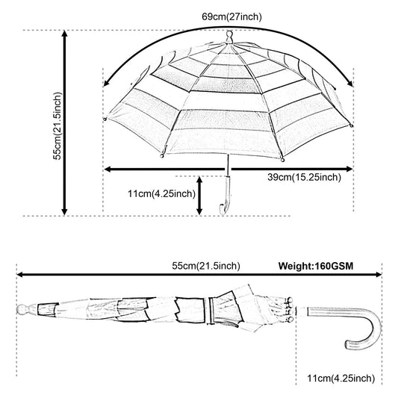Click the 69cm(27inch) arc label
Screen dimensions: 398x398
[x=231, y=16]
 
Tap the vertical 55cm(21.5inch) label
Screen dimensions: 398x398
[x=57, y=126]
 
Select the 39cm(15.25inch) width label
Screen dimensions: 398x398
[x=304, y=177]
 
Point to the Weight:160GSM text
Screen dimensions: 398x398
[x=316, y=266]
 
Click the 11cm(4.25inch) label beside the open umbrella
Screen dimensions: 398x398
[x=162, y=194]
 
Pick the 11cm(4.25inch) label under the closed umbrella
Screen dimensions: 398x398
[x=341, y=378]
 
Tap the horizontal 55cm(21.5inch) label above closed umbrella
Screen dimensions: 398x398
[x=206, y=266]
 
